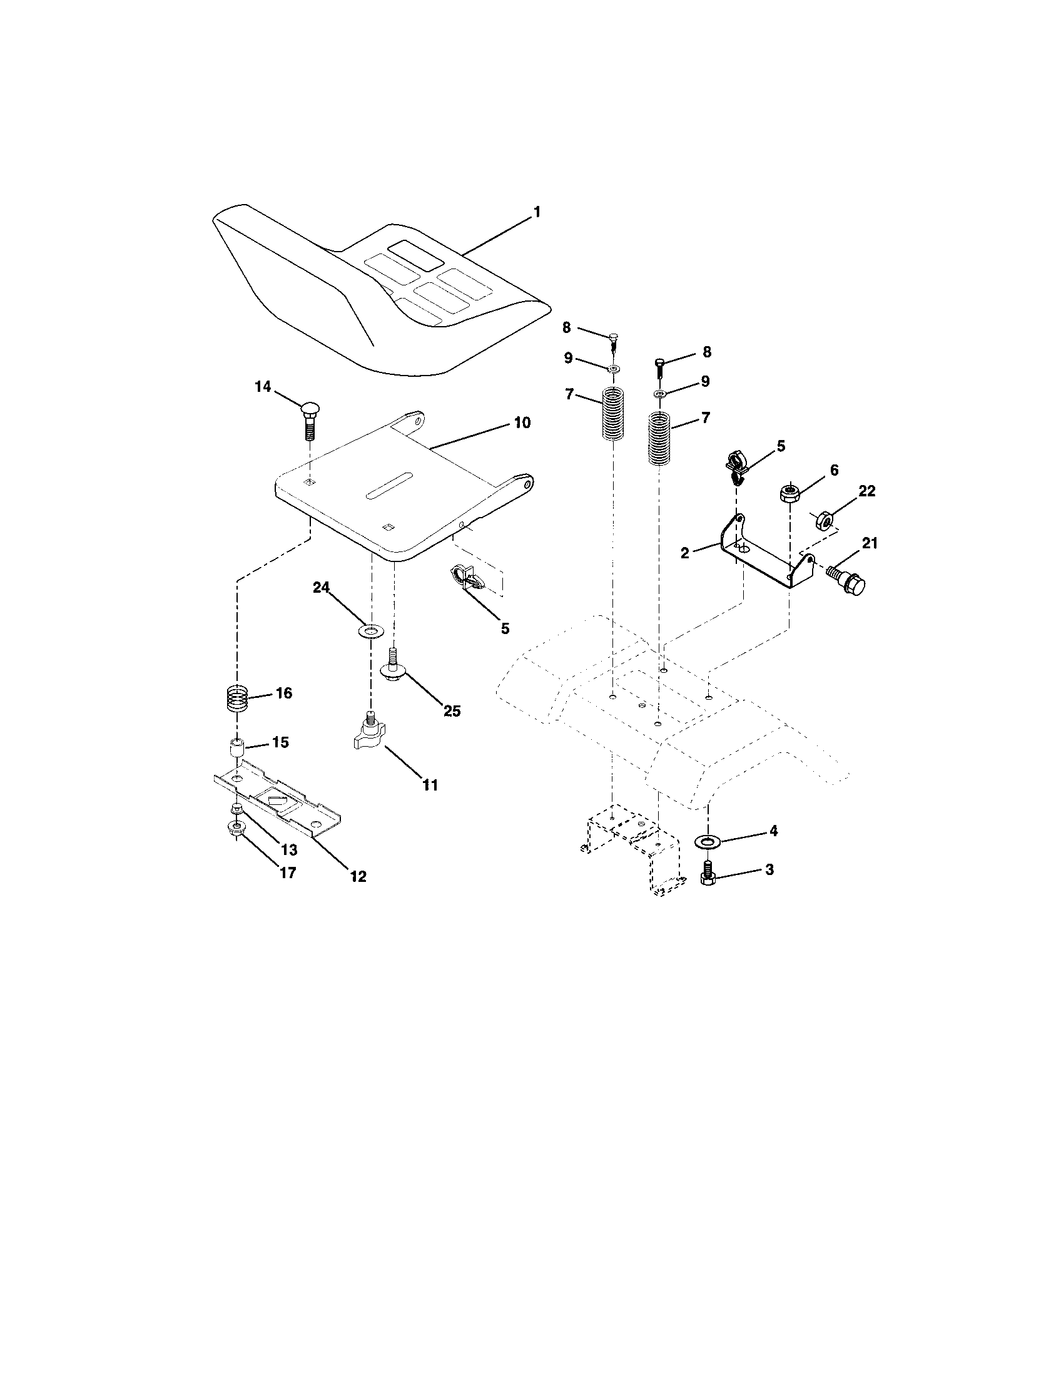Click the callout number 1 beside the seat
tap(537, 212)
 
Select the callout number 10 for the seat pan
tap(522, 422)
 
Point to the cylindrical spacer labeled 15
tap(236, 749)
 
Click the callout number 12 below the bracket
tap(358, 876)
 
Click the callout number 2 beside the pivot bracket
tap(685, 553)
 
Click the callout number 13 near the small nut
tap(289, 849)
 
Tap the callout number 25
tap(452, 711)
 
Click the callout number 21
tap(870, 543)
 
